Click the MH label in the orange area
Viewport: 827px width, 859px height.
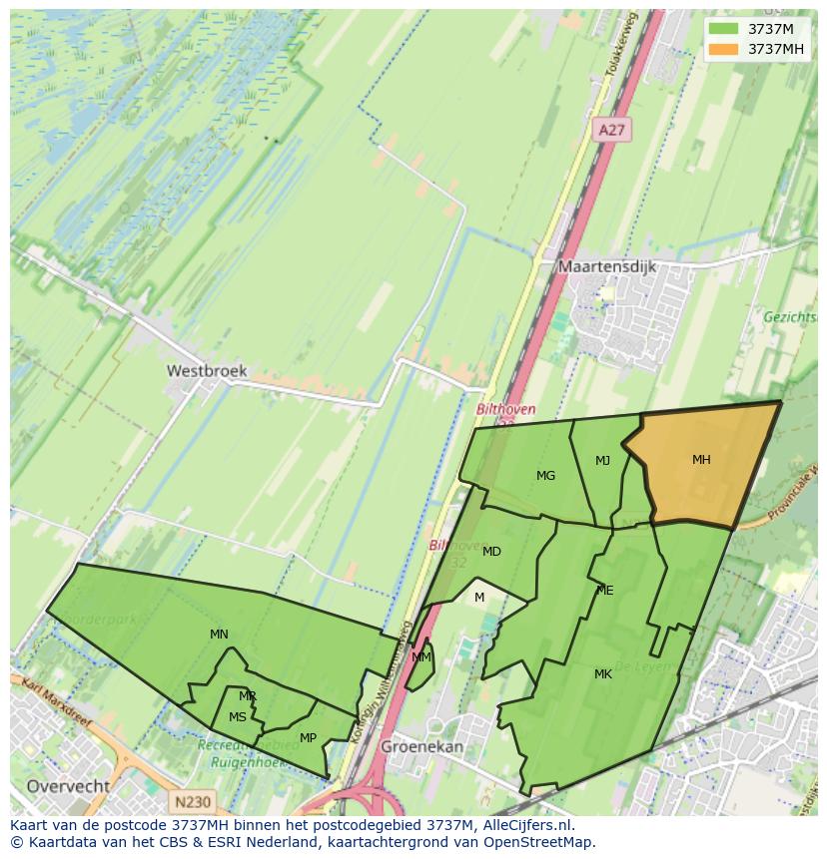pos(701,460)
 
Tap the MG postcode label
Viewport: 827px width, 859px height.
pos(545,476)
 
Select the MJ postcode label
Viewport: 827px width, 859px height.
pos(602,461)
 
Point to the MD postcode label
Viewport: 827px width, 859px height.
pos(491,552)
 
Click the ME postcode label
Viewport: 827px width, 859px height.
pos(604,591)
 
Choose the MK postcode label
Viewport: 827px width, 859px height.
pos(602,674)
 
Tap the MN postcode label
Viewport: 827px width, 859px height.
pos(219,635)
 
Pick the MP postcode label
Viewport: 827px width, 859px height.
pos(308,738)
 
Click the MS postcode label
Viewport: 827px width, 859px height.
pos(237,717)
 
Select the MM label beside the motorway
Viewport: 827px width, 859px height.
pos(421,657)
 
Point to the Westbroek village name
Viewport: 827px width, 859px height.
pos(206,370)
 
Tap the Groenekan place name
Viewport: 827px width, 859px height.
pos(421,746)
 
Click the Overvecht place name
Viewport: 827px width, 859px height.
pos(68,786)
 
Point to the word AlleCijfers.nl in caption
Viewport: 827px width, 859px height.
pos(525,825)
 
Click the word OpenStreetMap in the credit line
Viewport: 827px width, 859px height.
pos(539,842)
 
